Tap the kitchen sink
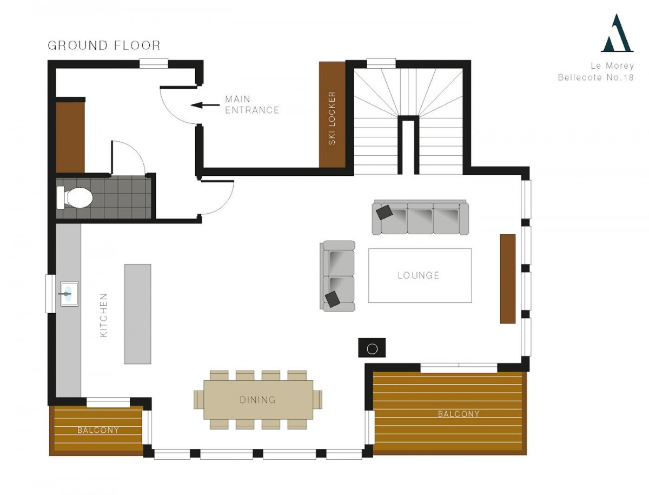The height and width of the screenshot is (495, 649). (x=69, y=294)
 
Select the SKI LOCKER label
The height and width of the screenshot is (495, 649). (x=332, y=118)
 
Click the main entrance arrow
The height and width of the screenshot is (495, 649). (x=205, y=105)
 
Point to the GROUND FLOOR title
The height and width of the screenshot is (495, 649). (x=104, y=45)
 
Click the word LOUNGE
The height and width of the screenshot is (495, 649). (x=419, y=275)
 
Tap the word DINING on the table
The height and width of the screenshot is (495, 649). (x=257, y=400)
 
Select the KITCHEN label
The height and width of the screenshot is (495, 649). (x=104, y=315)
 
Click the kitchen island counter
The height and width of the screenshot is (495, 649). (x=137, y=314)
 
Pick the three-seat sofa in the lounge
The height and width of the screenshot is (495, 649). (x=420, y=217)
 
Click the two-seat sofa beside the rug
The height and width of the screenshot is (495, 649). (x=337, y=276)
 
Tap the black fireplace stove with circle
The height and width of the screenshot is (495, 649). (x=372, y=347)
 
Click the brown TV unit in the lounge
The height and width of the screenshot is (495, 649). (x=508, y=279)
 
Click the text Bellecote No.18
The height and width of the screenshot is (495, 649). (x=595, y=77)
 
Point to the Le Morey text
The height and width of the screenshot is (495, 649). (x=612, y=65)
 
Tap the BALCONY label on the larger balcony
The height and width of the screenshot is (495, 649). (x=458, y=414)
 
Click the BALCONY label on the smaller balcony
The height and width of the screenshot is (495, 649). (x=98, y=430)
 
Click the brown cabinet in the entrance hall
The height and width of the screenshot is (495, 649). (x=70, y=137)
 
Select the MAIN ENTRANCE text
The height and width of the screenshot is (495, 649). (x=252, y=104)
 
